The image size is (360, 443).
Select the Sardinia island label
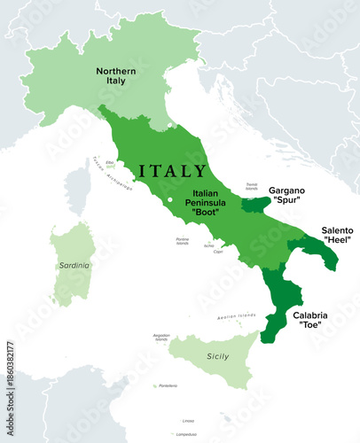(70, 263)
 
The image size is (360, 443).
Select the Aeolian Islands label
(234, 317)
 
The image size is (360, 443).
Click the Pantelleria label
(168, 386)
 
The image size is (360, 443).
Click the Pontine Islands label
(184, 241)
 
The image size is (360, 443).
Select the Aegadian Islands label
(161, 337)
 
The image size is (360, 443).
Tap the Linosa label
(188, 420)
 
